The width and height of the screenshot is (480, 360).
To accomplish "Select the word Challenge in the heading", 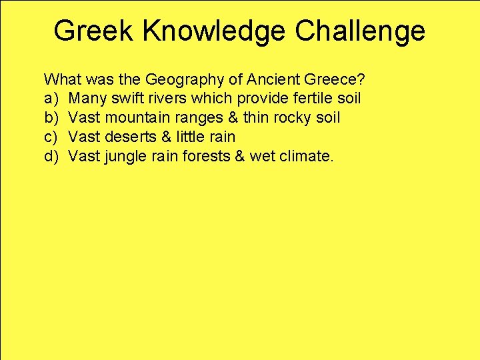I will (360, 31).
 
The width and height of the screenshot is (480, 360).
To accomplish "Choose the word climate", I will (306, 156).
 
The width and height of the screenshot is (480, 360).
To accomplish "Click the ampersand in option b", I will (235, 118).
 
